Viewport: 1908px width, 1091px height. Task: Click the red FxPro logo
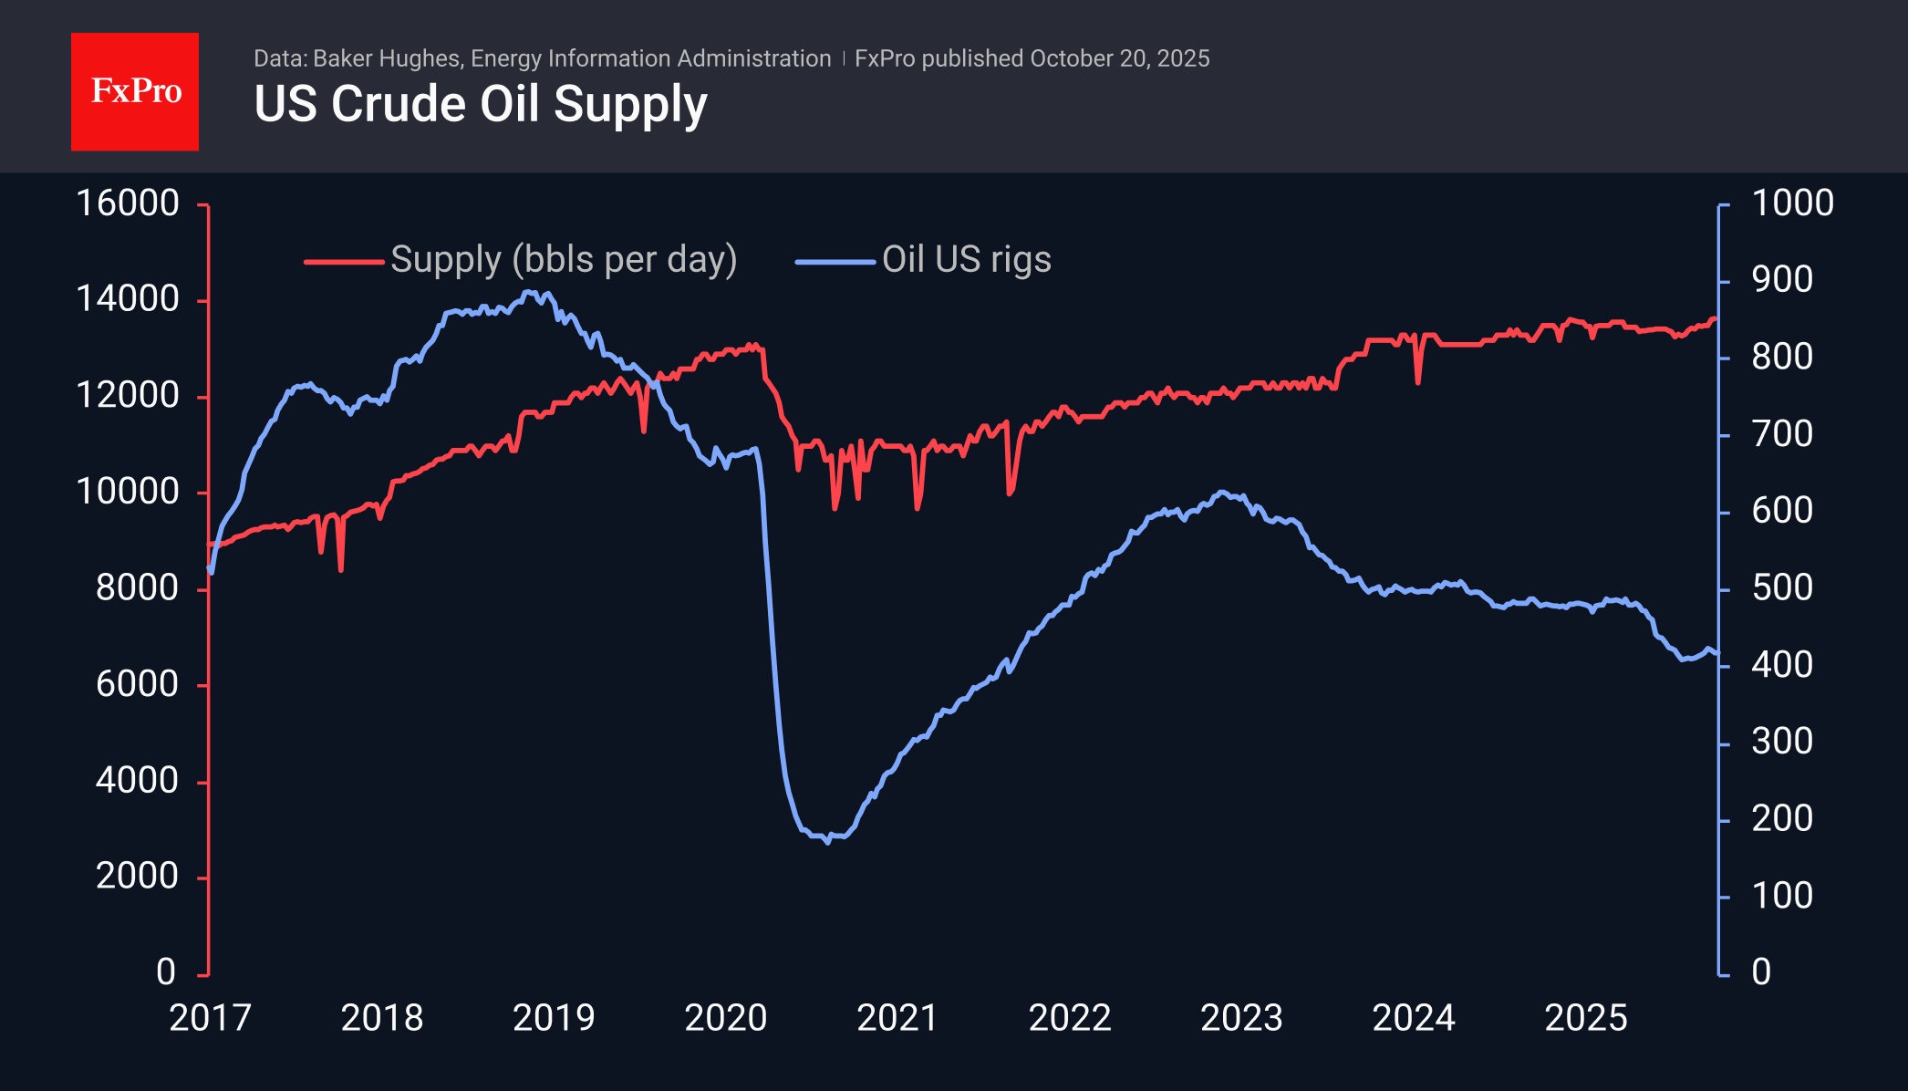coord(135,91)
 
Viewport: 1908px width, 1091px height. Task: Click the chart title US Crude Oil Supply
coord(480,104)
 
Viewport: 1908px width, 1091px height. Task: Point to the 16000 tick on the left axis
coord(128,203)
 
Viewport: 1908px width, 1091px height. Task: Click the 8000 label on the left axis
coord(137,588)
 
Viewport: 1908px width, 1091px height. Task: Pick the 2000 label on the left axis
coord(137,877)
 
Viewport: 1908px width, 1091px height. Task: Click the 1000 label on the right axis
coord(1792,203)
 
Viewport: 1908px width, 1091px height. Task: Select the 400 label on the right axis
coord(1781,665)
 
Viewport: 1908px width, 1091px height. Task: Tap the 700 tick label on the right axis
coord(1781,434)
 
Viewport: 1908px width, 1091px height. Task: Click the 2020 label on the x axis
coord(725,1018)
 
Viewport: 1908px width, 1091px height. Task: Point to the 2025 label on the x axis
coord(1585,1018)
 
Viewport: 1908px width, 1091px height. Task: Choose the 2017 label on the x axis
coord(210,1018)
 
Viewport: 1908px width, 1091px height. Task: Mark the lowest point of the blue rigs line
coord(828,841)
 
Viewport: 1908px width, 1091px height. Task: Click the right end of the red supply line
coord(1715,318)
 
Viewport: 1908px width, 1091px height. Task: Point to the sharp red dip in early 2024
coord(1418,381)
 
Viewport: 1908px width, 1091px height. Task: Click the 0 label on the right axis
coord(1760,972)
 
